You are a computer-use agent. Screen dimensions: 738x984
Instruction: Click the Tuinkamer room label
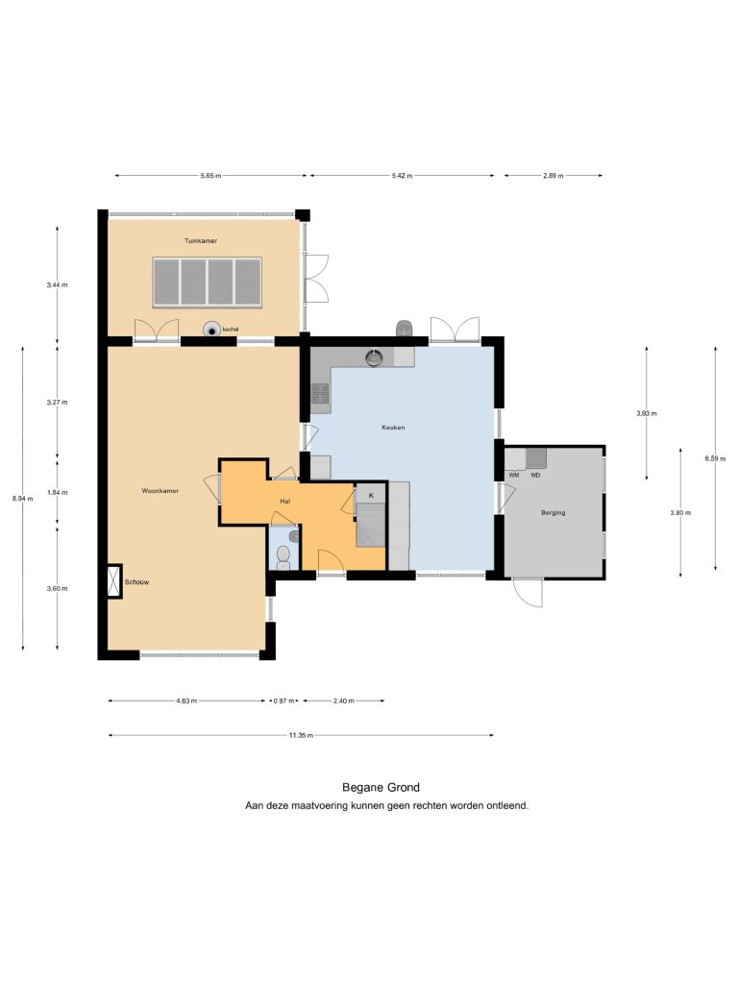pos(201,241)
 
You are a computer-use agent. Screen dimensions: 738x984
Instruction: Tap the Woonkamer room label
pos(160,491)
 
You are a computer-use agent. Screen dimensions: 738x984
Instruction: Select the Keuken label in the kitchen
pos(393,428)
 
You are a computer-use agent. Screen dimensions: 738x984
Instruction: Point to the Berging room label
pos(553,513)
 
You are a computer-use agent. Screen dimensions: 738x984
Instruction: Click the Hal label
pos(284,502)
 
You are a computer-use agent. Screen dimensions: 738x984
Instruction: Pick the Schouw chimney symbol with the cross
pos(114,581)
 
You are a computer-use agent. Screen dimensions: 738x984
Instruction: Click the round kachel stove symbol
pos(211,330)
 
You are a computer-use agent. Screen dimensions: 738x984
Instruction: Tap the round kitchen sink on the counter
pos(375,357)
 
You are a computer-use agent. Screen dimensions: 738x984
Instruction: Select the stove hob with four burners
pos(321,393)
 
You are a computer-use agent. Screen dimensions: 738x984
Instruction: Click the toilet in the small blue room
pos(283,556)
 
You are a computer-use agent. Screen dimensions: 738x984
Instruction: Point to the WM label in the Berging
pos(514,475)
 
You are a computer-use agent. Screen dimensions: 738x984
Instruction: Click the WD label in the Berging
pos(535,475)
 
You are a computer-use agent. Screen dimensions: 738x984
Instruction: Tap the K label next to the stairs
pos(371,495)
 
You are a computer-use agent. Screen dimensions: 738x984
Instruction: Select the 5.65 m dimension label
pos(210,176)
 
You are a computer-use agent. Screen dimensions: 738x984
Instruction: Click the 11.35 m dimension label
pos(301,735)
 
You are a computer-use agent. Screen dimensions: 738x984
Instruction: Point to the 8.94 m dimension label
pos(23,499)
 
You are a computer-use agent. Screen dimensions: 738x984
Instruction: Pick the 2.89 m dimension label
pos(553,176)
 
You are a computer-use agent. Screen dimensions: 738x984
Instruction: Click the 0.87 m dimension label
pos(283,701)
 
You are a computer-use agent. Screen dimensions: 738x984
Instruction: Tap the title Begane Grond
pos(381,788)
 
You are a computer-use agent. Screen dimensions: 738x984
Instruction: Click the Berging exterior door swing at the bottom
pos(528,592)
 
